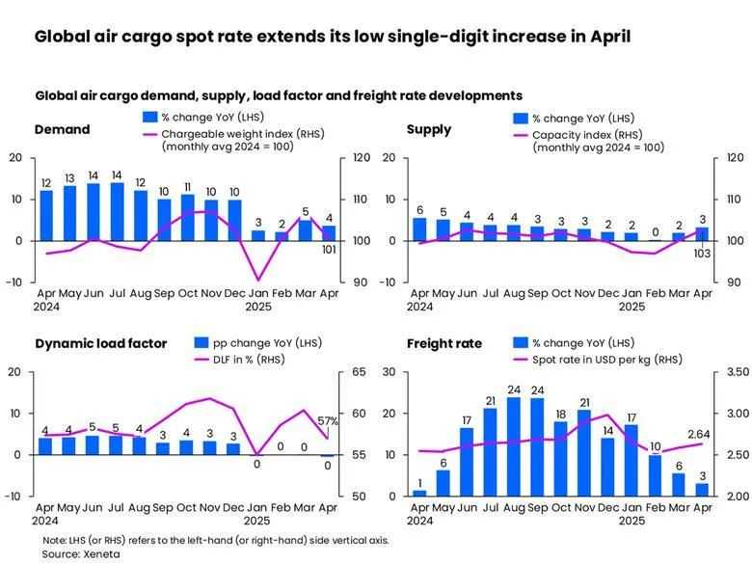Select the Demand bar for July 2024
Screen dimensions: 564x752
(117, 211)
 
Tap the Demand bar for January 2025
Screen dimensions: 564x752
(258, 234)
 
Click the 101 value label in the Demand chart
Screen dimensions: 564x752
(329, 251)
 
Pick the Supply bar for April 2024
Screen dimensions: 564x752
(418, 228)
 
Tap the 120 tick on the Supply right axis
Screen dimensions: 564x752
(734, 157)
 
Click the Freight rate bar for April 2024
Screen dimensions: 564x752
(418, 492)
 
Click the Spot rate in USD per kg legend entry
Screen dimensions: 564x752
(606, 359)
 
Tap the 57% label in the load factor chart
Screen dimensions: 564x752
(328, 421)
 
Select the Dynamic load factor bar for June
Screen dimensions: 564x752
(94, 444)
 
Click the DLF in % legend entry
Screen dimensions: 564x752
(246, 360)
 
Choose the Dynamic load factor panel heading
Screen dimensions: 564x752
(101, 343)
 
